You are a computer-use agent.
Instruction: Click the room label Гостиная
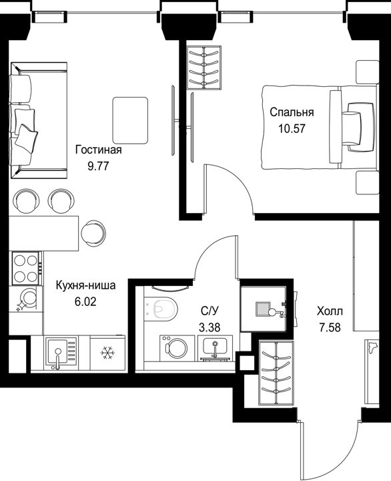[99, 150]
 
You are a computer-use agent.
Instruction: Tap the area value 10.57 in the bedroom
[292, 128]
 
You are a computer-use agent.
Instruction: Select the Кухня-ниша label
[86, 286]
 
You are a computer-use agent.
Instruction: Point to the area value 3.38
[210, 328]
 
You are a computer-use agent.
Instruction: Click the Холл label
[330, 312]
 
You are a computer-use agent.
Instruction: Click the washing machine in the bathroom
[177, 348]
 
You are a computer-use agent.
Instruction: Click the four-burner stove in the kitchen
[26, 268]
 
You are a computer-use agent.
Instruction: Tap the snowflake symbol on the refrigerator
[107, 353]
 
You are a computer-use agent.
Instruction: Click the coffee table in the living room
[130, 121]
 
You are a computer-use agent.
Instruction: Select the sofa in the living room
[39, 120]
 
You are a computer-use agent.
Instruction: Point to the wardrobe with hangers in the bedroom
[204, 67]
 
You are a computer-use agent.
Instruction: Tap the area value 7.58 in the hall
[330, 327]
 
